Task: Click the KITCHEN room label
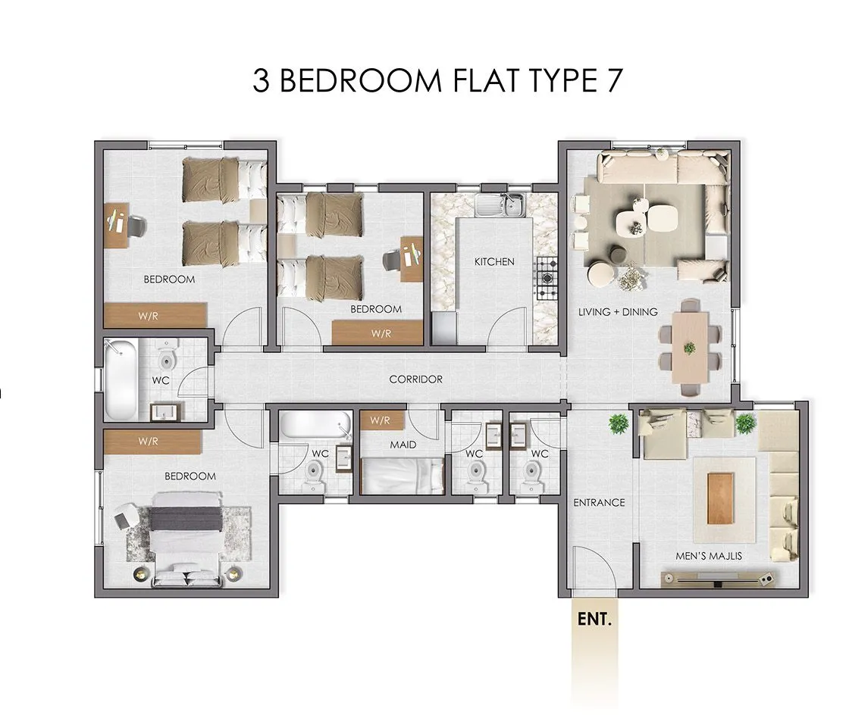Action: [x=494, y=262]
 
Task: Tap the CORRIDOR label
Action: [x=416, y=379]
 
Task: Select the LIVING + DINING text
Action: [x=618, y=312]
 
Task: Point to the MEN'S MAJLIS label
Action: [x=709, y=556]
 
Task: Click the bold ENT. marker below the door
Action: [x=594, y=619]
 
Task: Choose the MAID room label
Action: [x=403, y=445]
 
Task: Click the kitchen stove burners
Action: [x=547, y=279]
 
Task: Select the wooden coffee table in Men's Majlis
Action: [x=721, y=499]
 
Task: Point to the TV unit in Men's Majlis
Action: [x=719, y=579]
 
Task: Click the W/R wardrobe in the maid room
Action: [x=382, y=420]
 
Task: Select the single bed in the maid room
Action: [x=403, y=476]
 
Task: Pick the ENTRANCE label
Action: [x=599, y=502]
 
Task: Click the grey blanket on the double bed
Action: [x=186, y=519]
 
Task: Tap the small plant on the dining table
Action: [x=689, y=348]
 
